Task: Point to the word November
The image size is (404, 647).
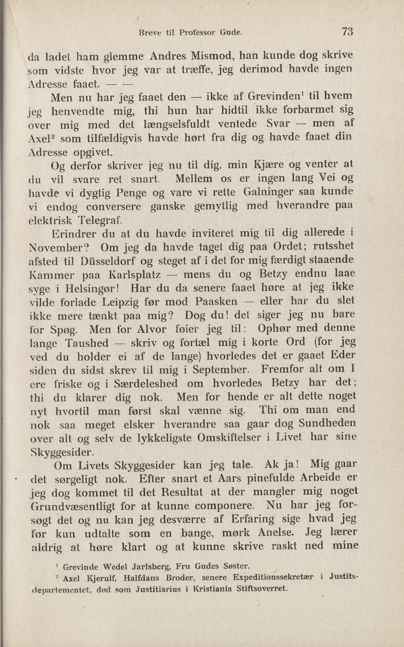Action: pyautogui.click(x=58, y=248)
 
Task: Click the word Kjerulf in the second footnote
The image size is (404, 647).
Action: pyautogui.click(x=100, y=578)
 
